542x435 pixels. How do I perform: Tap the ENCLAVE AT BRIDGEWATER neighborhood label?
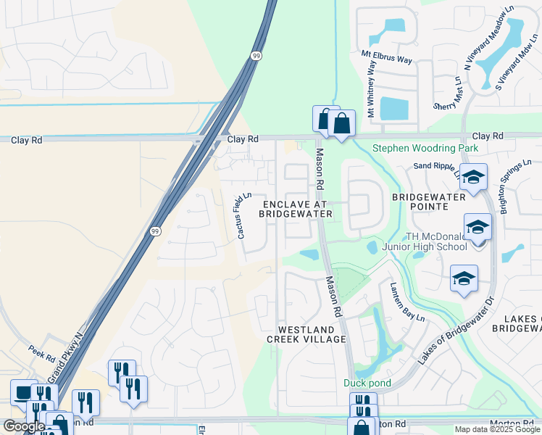point(296,209)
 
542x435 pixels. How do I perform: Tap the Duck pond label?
point(367,383)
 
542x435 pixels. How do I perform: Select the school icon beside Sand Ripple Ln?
point(473,177)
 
